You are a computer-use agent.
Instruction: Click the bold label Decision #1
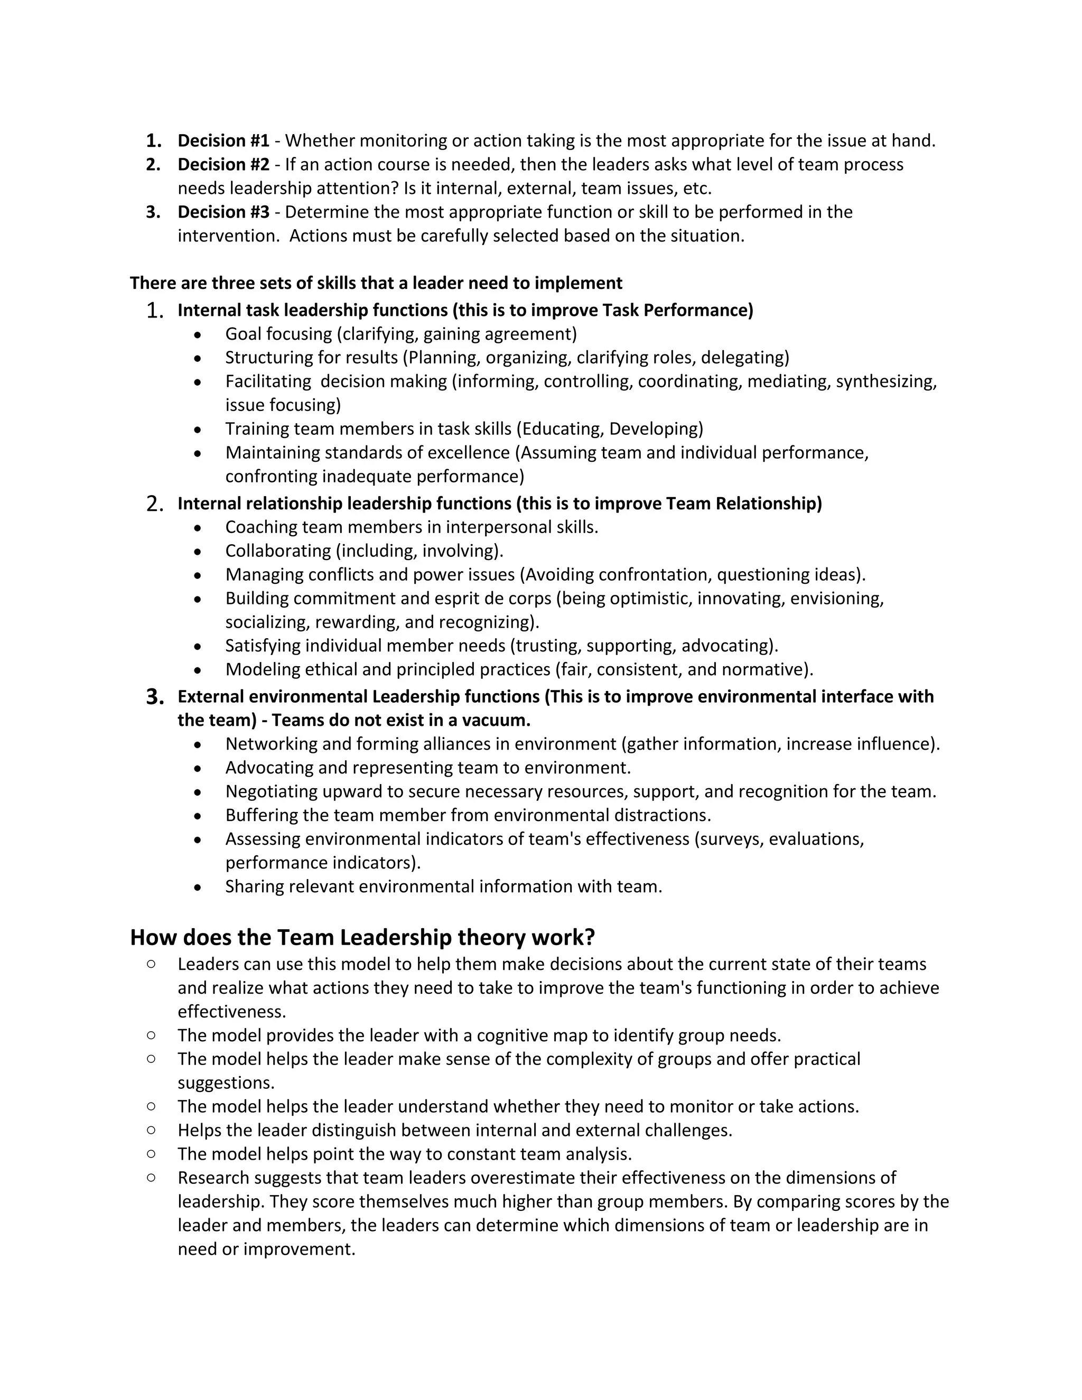point(223,141)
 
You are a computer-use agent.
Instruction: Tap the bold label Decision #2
point(223,164)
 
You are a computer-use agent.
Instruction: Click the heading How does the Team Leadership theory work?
point(362,937)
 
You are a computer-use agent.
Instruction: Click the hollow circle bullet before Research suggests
point(151,1178)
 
